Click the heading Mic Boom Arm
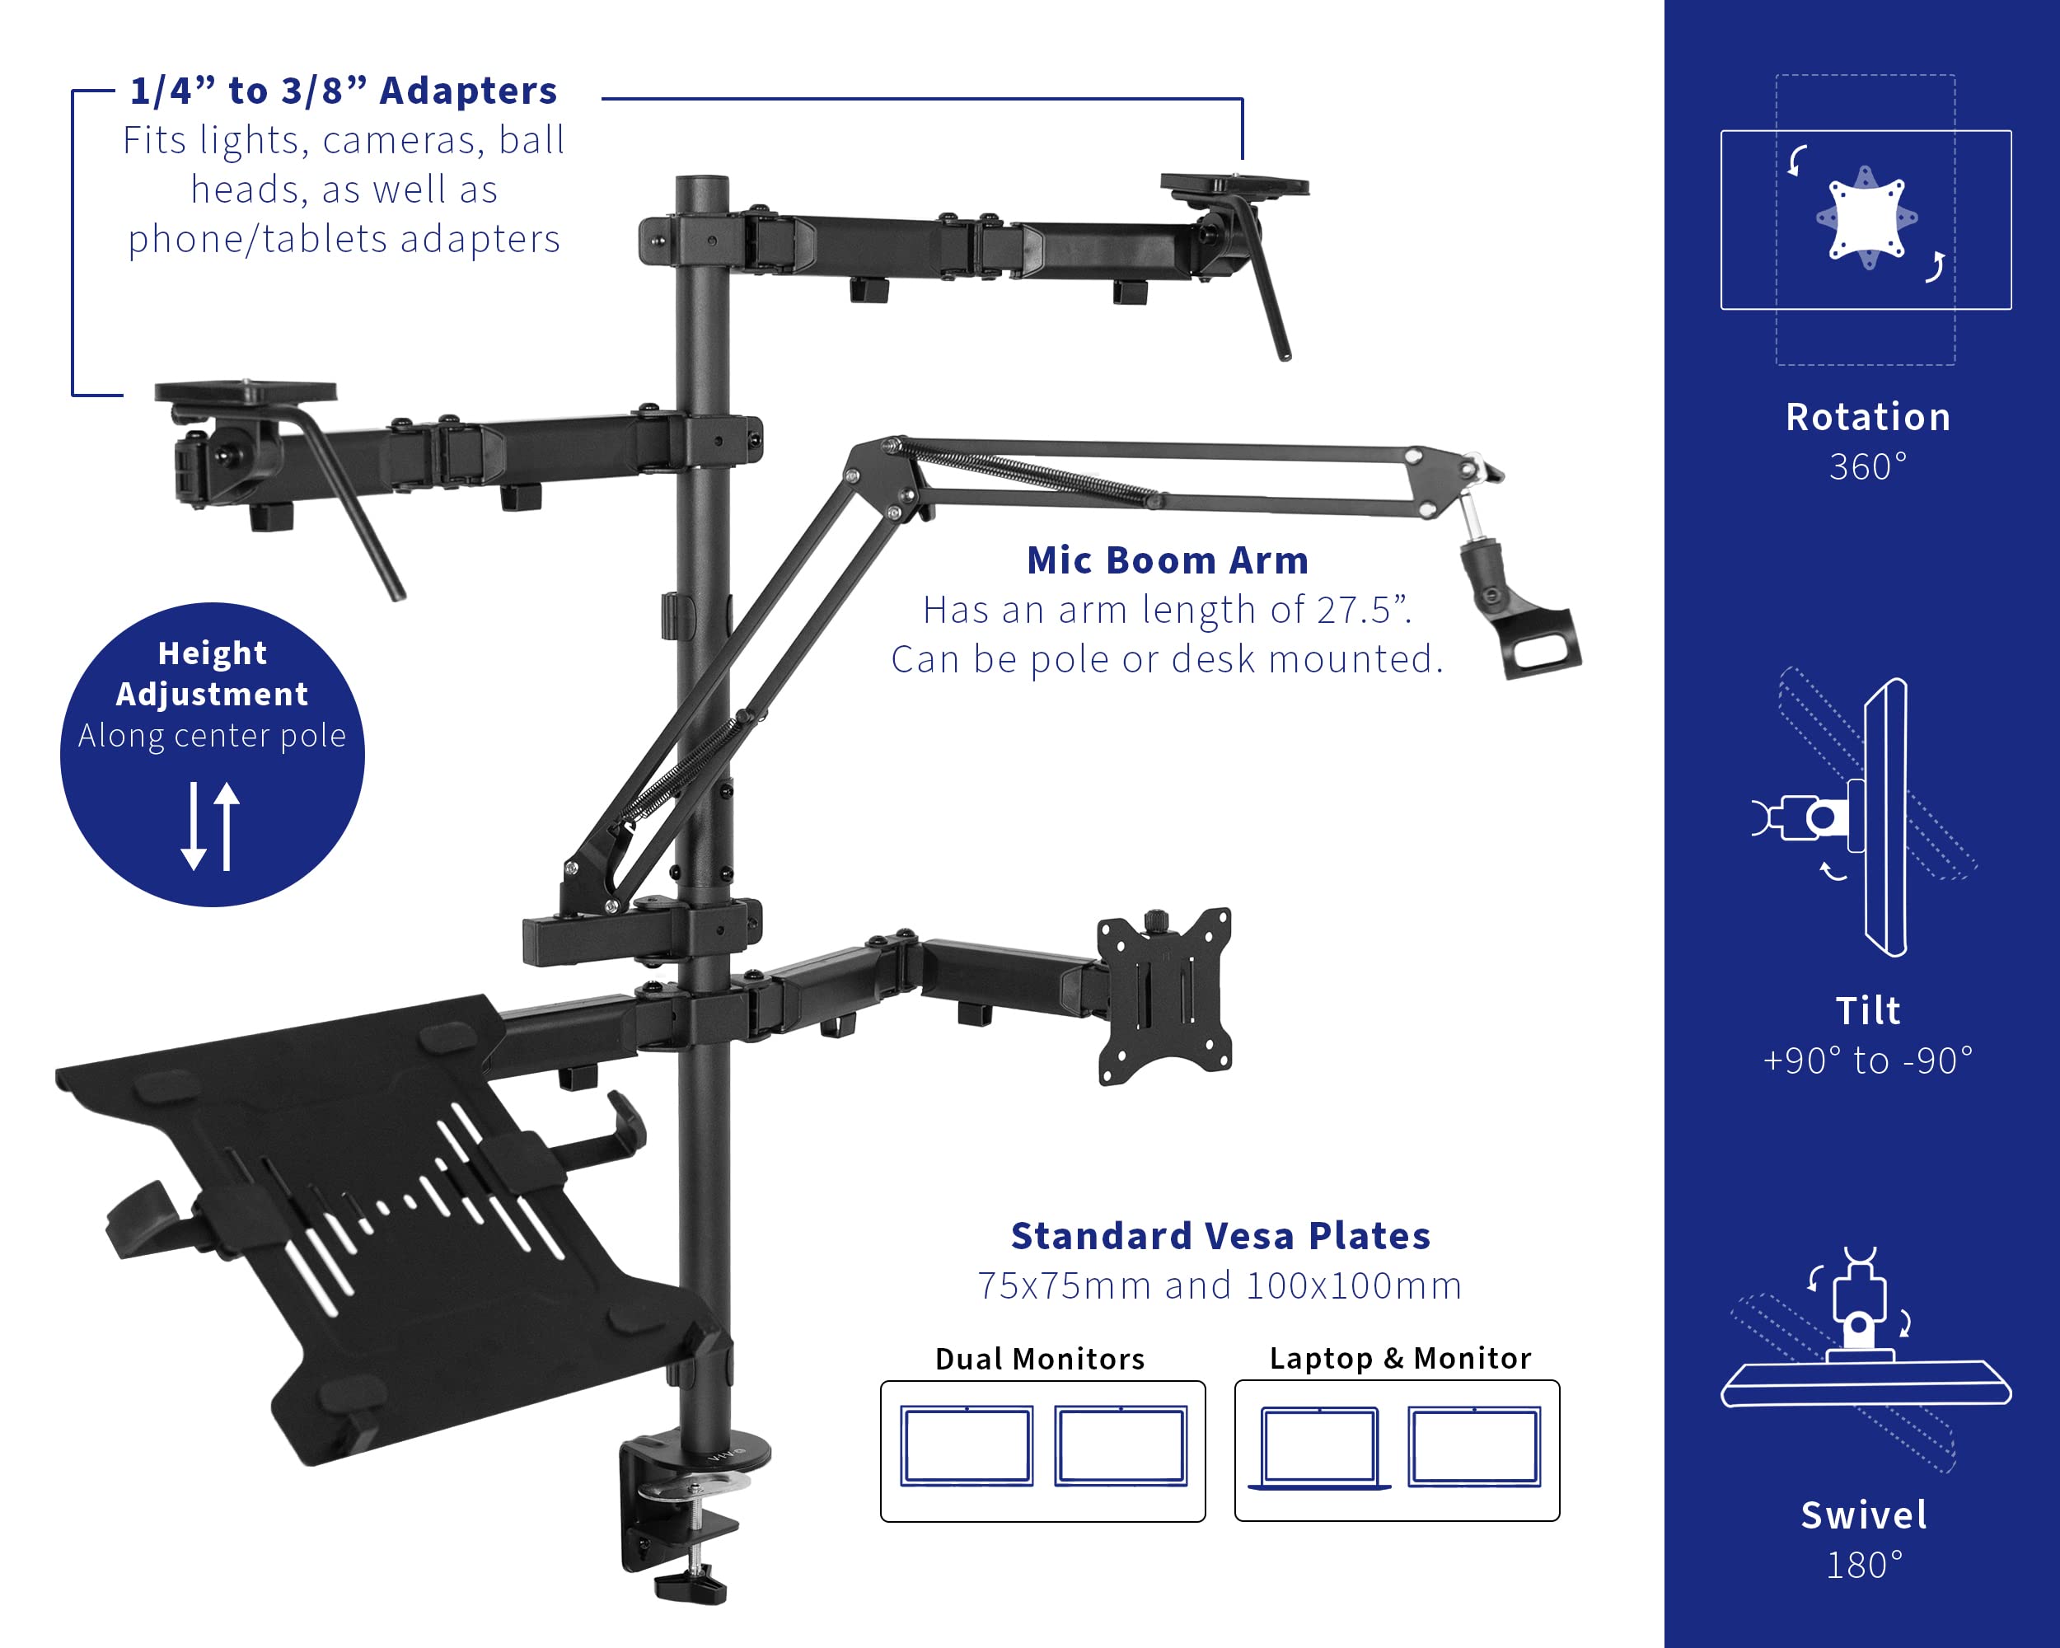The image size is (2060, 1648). click(x=1167, y=561)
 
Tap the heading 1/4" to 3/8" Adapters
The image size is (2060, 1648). click(x=343, y=91)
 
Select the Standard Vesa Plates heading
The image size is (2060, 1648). click(x=1220, y=1236)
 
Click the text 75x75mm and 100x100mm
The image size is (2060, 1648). click(x=1220, y=1286)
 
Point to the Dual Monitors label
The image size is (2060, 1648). click(x=1040, y=1359)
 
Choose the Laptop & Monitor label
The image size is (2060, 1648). click(x=1400, y=1358)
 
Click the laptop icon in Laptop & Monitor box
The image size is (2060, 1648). click(x=1319, y=1448)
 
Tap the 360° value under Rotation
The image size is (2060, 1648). click(x=1867, y=467)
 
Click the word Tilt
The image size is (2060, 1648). click(x=1867, y=1011)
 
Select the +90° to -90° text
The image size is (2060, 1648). click(x=1867, y=1061)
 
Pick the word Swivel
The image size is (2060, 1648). click(x=1864, y=1515)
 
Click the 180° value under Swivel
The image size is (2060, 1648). click(x=1864, y=1565)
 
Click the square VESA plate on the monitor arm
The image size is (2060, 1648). click(x=1164, y=995)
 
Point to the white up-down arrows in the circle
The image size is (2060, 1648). click(x=211, y=826)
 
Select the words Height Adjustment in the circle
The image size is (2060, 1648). click(x=212, y=673)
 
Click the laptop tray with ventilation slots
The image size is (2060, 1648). click(x=382, y=1223)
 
